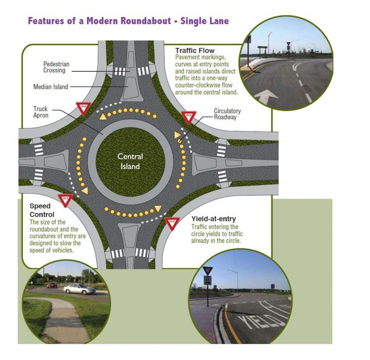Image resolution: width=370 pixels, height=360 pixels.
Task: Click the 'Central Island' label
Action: [x=130, y=161]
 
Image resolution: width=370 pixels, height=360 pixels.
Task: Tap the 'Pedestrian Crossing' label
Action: [x=56, y=67]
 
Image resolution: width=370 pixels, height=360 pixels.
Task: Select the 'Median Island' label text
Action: [x=51, y=87]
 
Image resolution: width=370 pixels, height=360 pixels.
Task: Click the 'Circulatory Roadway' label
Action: [x=227, y=114]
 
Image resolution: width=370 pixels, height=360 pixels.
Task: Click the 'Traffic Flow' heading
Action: [x=195, y=51]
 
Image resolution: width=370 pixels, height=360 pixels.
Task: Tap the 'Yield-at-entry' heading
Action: [x=214, y=218]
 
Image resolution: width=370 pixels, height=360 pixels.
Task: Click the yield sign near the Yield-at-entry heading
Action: [x=172, y=223]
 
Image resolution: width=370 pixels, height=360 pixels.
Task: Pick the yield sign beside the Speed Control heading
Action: [x=65, y=200]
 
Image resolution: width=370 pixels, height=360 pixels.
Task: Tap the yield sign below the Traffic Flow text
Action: [x=188, y=117]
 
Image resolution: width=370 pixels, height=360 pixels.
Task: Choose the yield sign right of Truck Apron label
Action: [x=83, y=108]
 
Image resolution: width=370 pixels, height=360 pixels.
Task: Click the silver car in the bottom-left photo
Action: [x=79, y=289]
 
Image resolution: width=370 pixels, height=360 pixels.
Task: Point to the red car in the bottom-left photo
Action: [x=52, y=285]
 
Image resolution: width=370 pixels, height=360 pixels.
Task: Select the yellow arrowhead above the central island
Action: [x=103, y=116]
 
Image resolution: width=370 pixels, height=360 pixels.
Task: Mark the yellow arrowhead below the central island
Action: [x=158, y=208]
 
